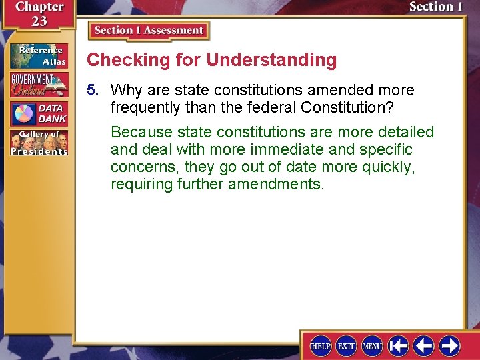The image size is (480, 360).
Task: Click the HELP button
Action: pyautogui.click(x=321, y=345)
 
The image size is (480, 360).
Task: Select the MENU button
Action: pyautogui.click(x=371, y=345)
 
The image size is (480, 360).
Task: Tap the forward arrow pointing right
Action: pyautogui.click(x=449, y=345)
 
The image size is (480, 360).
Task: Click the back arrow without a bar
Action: pyautogui.click(x=423, y=345)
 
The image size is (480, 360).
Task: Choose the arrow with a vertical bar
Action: pyautogui.click(x=398, y=345)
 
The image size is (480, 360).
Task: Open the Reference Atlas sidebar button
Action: pyautogui.click(x=39, y=56)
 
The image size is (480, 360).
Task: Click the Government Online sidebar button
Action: pyautogui.click(x=39, y=85)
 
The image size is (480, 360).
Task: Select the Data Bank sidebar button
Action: pyautogui.click(x=39, y=113)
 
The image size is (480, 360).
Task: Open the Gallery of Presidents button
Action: pyautogui.click(x=39, y=143)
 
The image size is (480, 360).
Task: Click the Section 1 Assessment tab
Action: pyautogui.click(x=149, y=31)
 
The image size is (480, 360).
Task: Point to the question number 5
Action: pyautogui.click(x=94, y=90)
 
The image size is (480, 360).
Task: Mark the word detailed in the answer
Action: pyautogui.click(x=406, y=132)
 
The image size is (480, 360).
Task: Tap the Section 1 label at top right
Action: pyautogui.click(x=435, y=7)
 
